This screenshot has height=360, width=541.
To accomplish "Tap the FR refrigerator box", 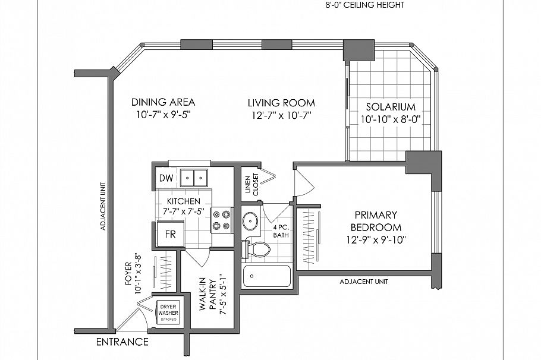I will pos(170,234).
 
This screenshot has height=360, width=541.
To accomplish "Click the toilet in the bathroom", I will pos(255,248).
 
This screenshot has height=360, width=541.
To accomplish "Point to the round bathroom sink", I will pos(251,221).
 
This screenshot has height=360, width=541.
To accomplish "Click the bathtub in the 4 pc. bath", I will pos(267,276).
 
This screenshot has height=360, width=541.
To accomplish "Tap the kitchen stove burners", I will pos(222,219).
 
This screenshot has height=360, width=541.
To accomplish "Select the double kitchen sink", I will pos(194,177).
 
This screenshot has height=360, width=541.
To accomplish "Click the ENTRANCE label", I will pos(122,342).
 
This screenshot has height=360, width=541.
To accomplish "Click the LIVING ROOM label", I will pos(281,103).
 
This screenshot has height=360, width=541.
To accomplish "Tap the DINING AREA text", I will pos(163,102).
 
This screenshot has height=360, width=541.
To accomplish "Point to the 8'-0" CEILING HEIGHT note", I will pos(364,5).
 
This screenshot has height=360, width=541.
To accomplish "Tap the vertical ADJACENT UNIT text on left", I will pos(103,206).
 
